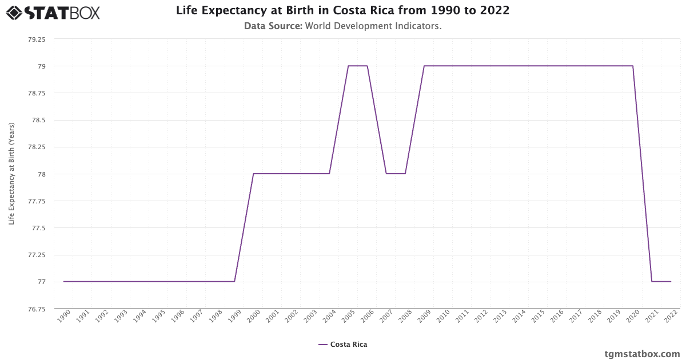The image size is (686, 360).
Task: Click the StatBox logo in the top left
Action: tap(53, 13)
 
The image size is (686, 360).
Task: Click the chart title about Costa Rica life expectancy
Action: tap(342, 10)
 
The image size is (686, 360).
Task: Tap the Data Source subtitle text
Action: tap(342, 26)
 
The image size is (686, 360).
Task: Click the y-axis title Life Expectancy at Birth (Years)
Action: tap(11, 173)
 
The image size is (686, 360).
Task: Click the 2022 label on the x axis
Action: tap(669, 316)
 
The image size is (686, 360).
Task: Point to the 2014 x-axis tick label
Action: tap(517, 316)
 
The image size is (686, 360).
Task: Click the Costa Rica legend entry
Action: tap(343, 345)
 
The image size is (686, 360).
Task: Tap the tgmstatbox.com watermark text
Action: tap(642, 354)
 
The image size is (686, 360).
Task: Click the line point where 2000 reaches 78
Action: tap(253, 174)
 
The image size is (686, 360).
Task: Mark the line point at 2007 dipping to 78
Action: tap(386, 174)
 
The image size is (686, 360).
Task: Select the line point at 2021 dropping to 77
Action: tap(652, 282)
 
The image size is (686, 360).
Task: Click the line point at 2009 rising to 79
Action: tap(424, 66)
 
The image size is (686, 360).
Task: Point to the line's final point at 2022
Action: tap(671, 282)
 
